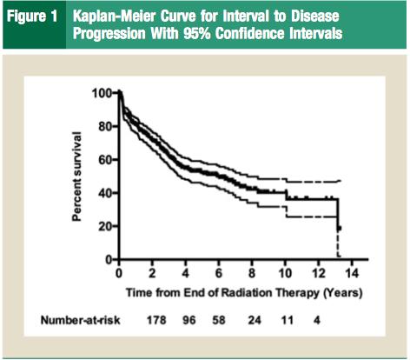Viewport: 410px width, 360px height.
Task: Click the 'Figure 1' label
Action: pyautogui.click(x=32, y=17)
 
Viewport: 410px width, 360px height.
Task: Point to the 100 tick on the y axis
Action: pyautogui.click(x=102, y=93)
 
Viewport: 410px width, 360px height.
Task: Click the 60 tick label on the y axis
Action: pyautogui.click(x=105, y=160)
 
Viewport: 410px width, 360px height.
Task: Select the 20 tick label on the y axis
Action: pyautogui.click(x=105, y=226)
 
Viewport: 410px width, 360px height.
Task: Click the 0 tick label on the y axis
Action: pyautogui.click(x=109, y=259)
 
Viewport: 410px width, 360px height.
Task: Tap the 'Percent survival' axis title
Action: pyautogui.click(x=76, y=177)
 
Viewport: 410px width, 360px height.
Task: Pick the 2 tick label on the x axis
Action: pyautogui.click(x=152, y=273)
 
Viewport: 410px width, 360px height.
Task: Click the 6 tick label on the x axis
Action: pyautogui.click(x=219, y=273)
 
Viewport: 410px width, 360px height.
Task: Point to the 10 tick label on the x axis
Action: pyautogui.click(x=285, y=273)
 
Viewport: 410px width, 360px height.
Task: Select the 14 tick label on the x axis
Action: pyautogui.click(x=352, y=273)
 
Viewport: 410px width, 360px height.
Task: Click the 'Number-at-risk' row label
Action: pyautogui.click(x=80, y=320)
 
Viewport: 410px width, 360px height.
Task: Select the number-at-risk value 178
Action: pyautogui.click(x=156, y=320)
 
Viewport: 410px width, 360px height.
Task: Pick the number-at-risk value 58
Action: pyautogui.click(x=219, y=320)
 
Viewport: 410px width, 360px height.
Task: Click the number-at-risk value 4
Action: pyautogui.click(x=317, y=320)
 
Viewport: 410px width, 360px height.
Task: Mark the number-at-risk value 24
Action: pyautogui.click(x=255, y=320)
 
